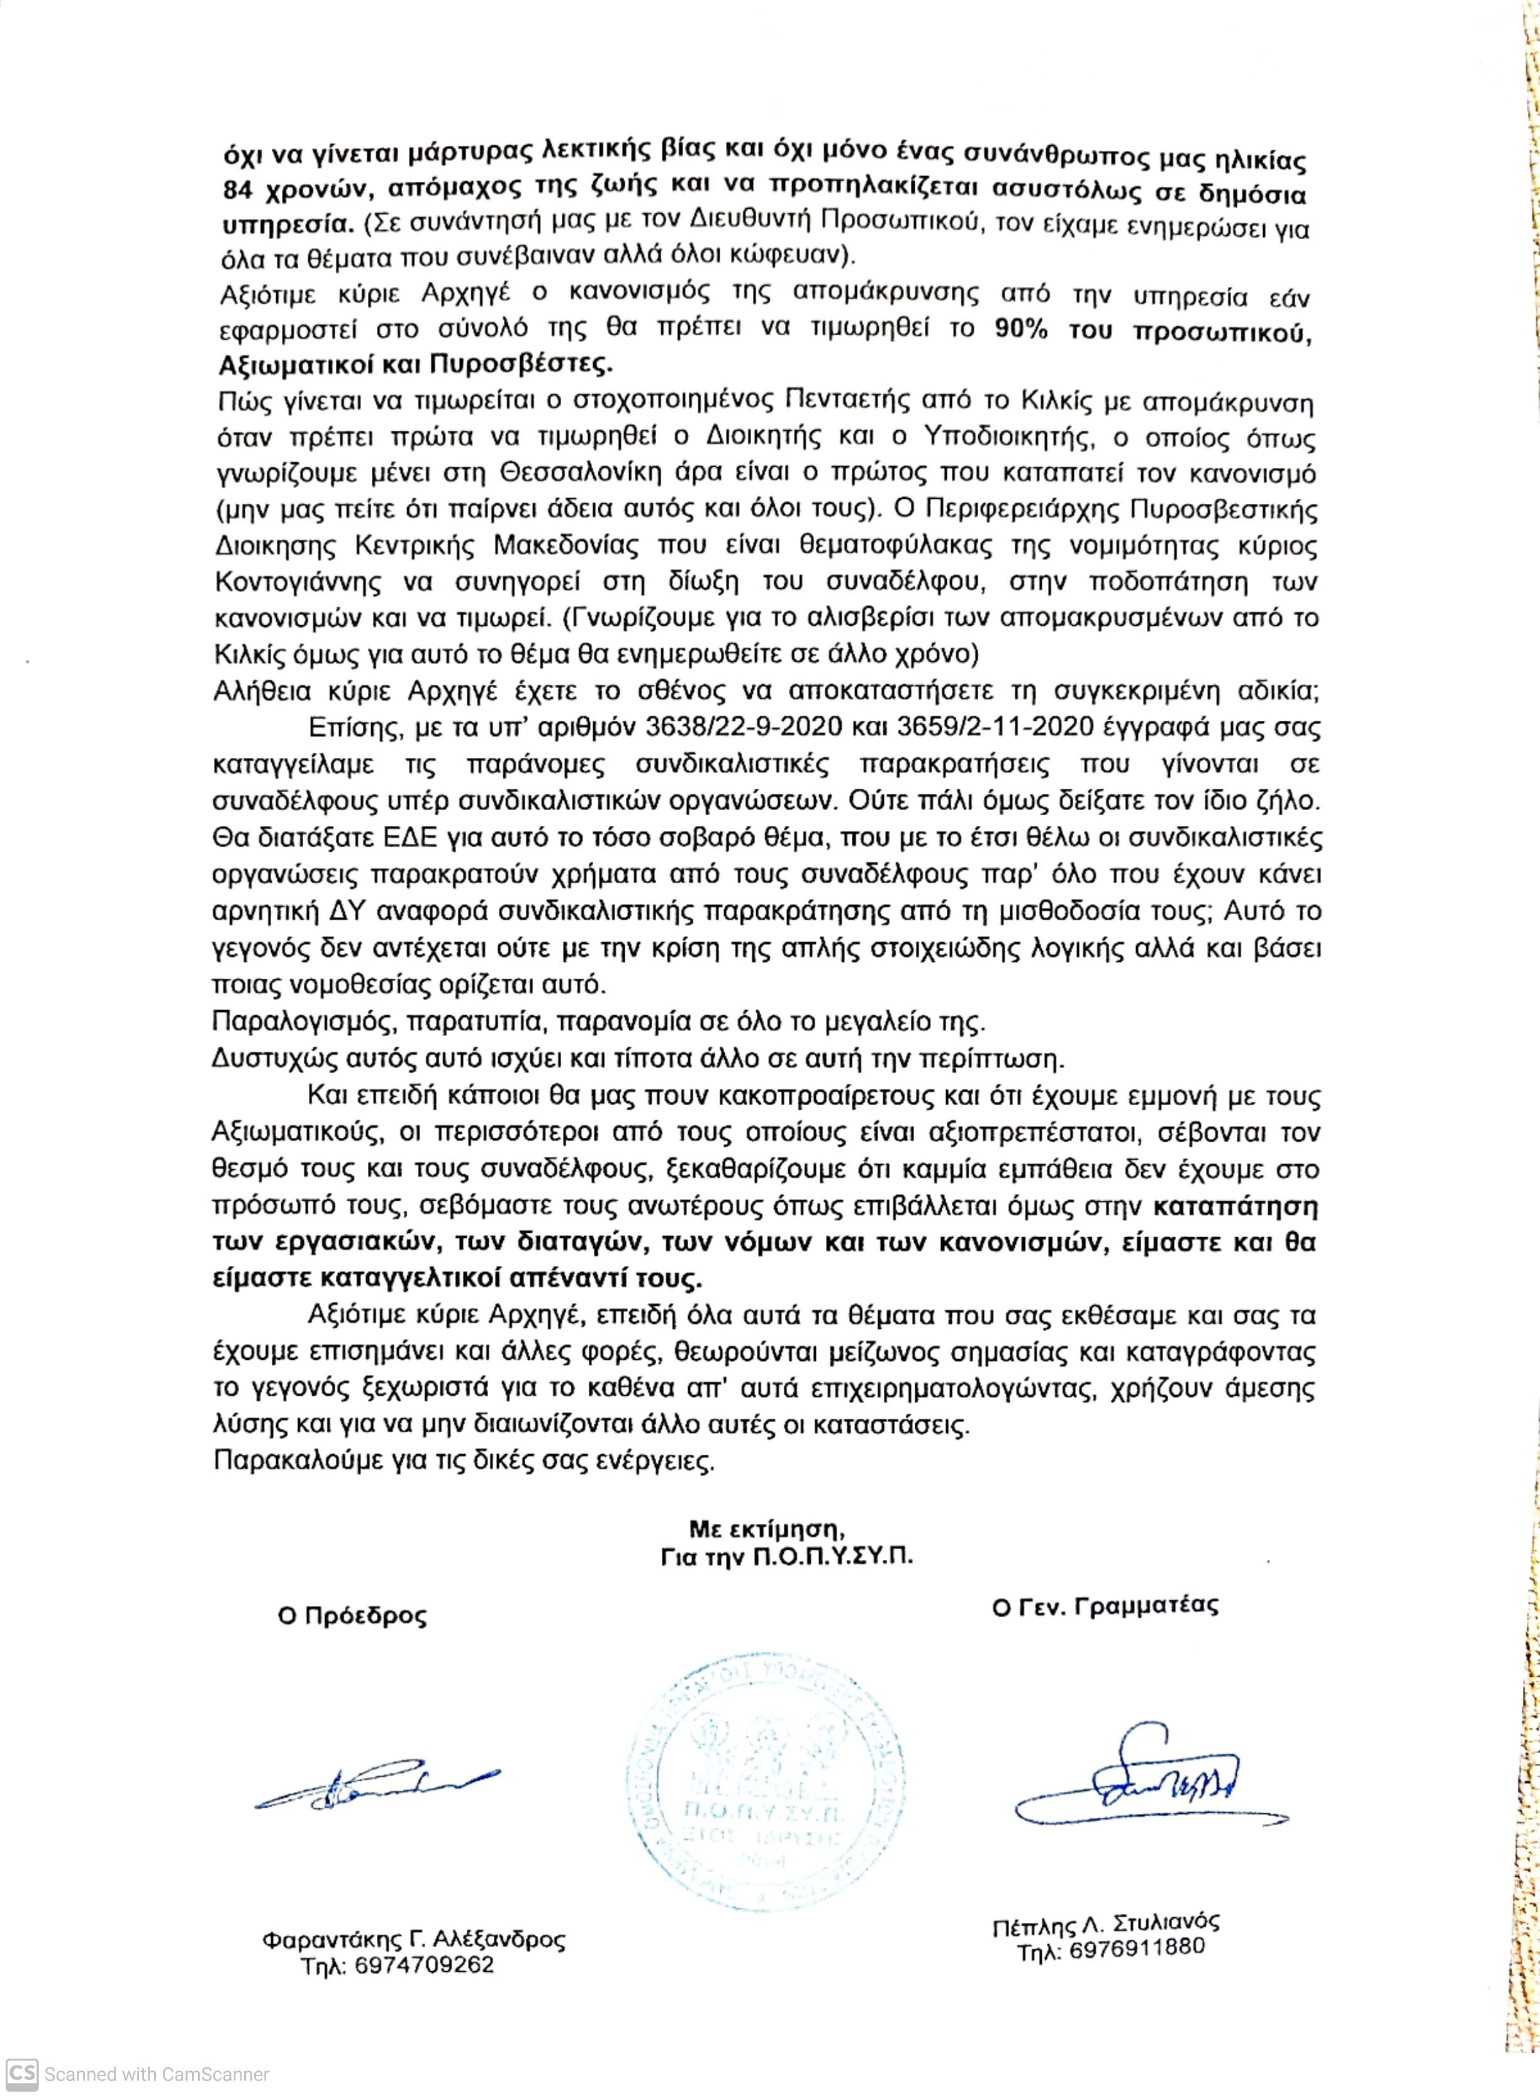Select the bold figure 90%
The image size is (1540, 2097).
click(x=1021, y=330)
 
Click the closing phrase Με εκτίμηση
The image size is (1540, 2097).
click(x=766, y=1528)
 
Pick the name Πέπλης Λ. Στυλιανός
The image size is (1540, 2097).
click(x=1105, y=1923)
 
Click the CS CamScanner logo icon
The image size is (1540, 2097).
click(x=23, y=2074)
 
